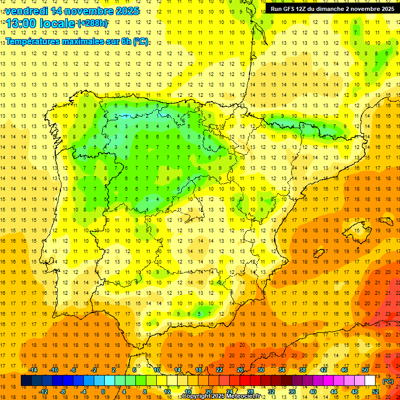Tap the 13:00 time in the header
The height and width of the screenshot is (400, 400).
tap(21, 24)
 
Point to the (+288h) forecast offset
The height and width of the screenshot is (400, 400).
tap(93, 24)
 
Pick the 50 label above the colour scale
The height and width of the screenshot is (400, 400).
tap(365, 370)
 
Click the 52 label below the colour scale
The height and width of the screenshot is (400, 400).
tap(376, 392)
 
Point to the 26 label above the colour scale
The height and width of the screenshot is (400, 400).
tap(240, 370)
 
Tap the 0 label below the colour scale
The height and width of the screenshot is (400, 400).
tap(104, 392)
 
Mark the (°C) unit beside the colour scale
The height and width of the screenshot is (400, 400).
tap(388, 381)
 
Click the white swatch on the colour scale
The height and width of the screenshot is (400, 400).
tap(370, 381)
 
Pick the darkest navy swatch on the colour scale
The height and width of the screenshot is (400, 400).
tap(26, 381)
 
